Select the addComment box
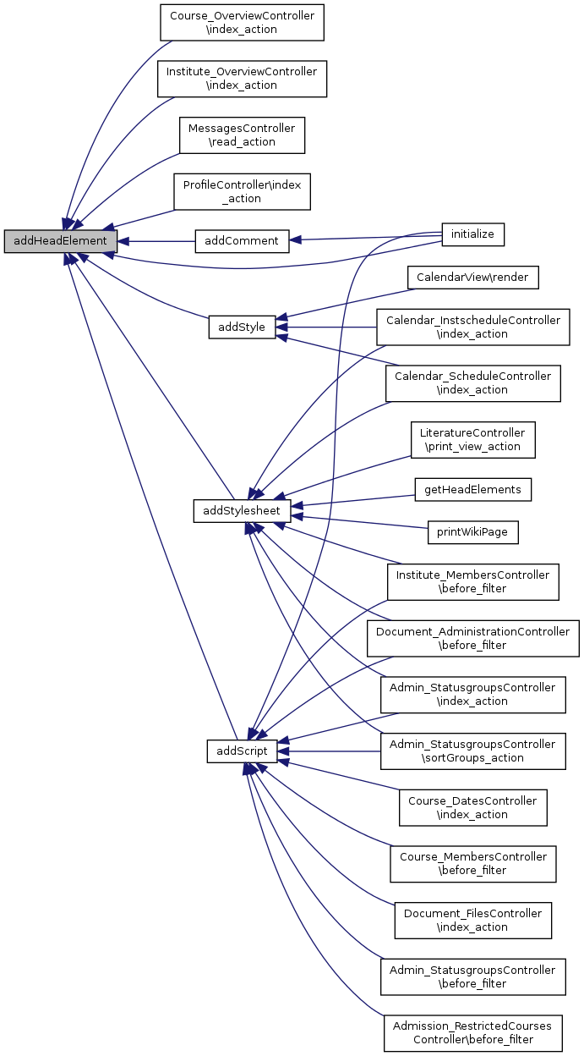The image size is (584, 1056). pyautogui.click(x=242, y=241)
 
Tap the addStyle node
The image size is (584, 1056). pyautogui.click(x=243, y=327)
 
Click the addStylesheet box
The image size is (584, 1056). pyautogui.click(x=242, y=510)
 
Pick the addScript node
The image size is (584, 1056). pyautogui.click(x=242, y=751)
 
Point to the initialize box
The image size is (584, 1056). pyautogui.click(x=472, y=234)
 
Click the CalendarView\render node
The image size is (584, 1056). pyautogui.click(x=472, y=277)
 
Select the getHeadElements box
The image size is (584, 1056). pyautogui.click(x=472, y=488)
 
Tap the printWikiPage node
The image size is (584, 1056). pyautogui.click(x=472, y=532)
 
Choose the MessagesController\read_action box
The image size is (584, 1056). pyautogui.click(x=242, y=135)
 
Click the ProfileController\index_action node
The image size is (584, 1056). pyautogui.click(x=242, y=191)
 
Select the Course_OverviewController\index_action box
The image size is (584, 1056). pyautogui.click(x=242, y=22)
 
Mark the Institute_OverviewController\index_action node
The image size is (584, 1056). pyautogui.click(x=242, y=78)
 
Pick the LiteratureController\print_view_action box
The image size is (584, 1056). pyautogui.click(x=472, y=439)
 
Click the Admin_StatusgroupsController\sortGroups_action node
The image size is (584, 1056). pyautogui.click(x=472, y=751)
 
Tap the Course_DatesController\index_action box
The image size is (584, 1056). pyautogui.click(x=472, y=807)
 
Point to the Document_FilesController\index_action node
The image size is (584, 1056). pyautogui.click(x=472, y=920)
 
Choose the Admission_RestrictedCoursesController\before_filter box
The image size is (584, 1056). pyautogui.click(x=472, y=1032)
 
